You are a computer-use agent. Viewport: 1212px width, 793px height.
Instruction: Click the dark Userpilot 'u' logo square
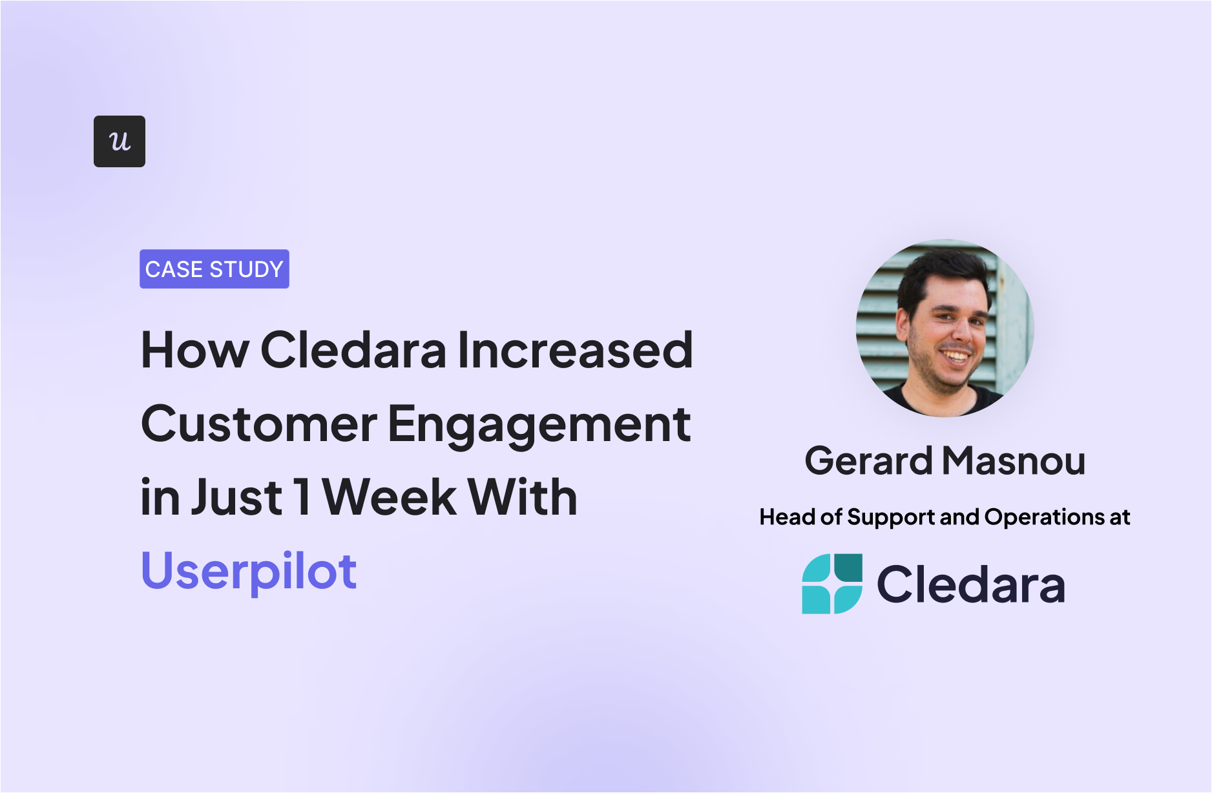(120, 141)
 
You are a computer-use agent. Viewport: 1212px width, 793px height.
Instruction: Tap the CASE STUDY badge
(214, 269)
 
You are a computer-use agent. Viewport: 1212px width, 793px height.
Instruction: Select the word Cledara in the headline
(353, 349)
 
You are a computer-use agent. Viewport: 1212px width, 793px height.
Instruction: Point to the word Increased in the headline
(575, 349)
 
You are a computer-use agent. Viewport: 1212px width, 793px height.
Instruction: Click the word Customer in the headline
(259, 424)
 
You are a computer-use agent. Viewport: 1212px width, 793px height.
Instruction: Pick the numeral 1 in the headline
(302, 497)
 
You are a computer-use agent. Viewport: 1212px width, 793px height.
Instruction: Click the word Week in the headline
(390, 497)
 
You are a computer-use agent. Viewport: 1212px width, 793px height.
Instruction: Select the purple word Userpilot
(249, 572)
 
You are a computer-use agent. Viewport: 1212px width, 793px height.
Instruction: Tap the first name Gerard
(868, 460)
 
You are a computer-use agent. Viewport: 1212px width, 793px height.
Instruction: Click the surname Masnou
(1014, 460)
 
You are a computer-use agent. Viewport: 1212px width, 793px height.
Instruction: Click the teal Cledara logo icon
(832, 584)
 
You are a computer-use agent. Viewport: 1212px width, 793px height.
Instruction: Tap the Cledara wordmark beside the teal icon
(971, 584)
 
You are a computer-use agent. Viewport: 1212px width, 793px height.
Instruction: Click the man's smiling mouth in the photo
(954, 356)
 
